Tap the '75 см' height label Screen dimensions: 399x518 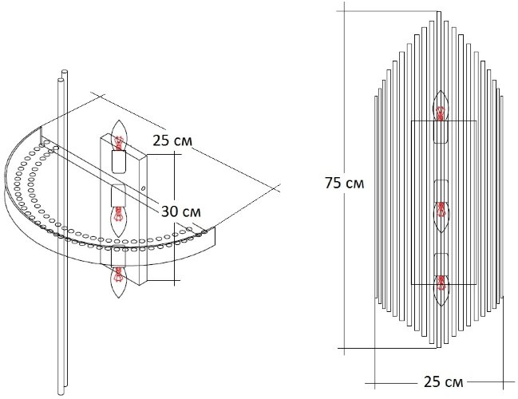pyautogui.click(x=345, y=183)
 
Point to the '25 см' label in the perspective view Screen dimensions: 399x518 pyautogui.click(x=170, y=140)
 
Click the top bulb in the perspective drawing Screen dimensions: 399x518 pyautogui.click(x=120, y=136)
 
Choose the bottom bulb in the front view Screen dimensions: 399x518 pyautogui.click(x=441, y=283)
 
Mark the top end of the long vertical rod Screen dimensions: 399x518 pyautogui.click(x=61, y=75)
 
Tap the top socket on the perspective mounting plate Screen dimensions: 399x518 pyautogui.click(x=119, y=163)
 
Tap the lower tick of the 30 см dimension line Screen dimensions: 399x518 pyautogui.click(x=172, y=282)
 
